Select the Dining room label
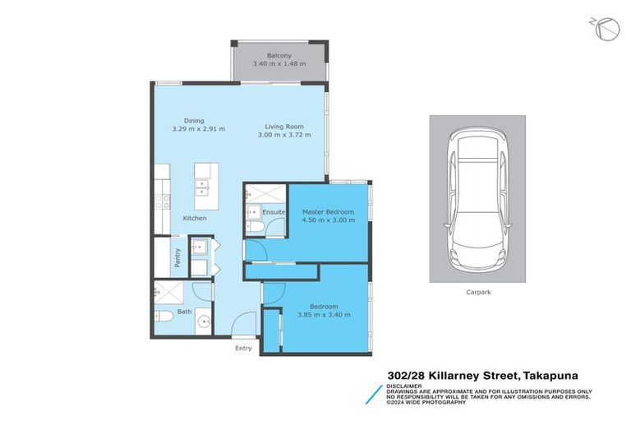(194, 120)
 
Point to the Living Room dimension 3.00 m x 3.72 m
(284, 135)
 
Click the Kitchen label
(195, 218)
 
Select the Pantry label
(177, 258)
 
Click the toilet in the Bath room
(163, 316)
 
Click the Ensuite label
(274, 212)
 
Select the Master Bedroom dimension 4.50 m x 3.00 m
(328, 220)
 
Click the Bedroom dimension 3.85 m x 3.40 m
(324, 315)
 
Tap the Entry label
(243, 348)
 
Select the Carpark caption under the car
(477, 291)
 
